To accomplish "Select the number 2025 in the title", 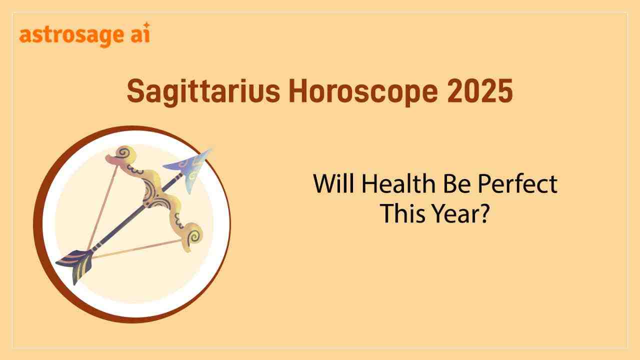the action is [479, 91].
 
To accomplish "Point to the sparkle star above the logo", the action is [146, 25].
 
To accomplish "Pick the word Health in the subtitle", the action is [398, 183].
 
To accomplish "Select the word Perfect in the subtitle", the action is [517, 183].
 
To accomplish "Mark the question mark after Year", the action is [483, 213].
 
